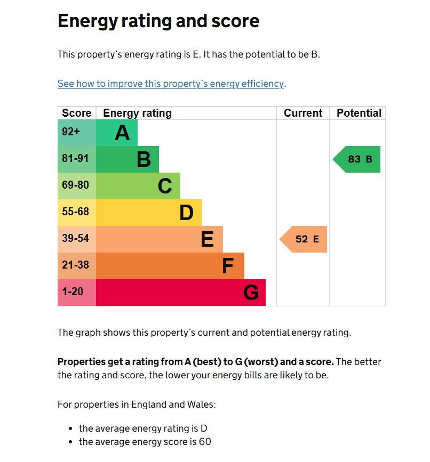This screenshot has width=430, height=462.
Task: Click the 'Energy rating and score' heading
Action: [x=158, y=21]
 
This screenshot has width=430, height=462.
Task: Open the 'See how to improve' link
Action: [x=171, y=84]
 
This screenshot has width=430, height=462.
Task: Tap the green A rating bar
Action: [x=117, y=133]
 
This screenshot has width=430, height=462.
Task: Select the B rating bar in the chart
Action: [x=128, y=159]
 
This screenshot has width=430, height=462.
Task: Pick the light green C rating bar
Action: [x=138, y=186]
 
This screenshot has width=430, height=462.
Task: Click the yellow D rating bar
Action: [x=149, y=213]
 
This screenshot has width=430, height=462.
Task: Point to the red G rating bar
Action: [x=181, y=293]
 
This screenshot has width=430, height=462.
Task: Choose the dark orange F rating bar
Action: [x=170, y=266]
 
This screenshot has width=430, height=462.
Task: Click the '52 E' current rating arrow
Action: [x=305, y=239]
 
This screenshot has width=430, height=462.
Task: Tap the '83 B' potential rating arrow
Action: [x=358, y=159]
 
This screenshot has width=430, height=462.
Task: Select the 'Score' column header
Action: [x=77, y=113]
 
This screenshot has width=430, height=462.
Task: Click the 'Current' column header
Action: [x=303, y=113]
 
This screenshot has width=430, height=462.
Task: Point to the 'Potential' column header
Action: [x=359, y=113]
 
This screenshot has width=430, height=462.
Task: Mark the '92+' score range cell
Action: [x=71, y=132]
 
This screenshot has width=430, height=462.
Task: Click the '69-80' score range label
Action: [x=76, y=185]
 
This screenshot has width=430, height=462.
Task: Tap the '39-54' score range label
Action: [x=76, y=239]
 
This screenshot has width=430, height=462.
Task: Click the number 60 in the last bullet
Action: [x=205, y=442]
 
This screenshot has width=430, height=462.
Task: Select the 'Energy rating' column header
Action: [x=137, y=113]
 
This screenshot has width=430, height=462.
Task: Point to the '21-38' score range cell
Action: [x=76, y=265]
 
